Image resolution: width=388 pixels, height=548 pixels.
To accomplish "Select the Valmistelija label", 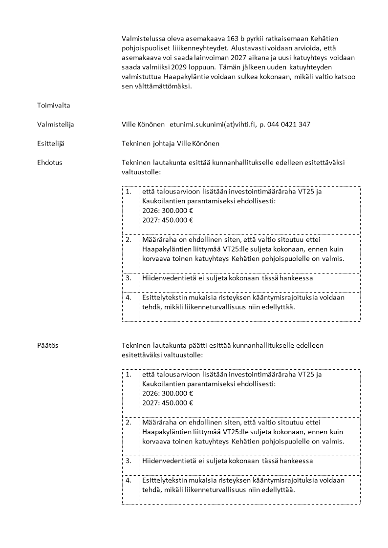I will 55,125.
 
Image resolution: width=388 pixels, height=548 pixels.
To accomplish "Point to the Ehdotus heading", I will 49,163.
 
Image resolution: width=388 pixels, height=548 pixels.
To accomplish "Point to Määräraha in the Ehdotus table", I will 157,240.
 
